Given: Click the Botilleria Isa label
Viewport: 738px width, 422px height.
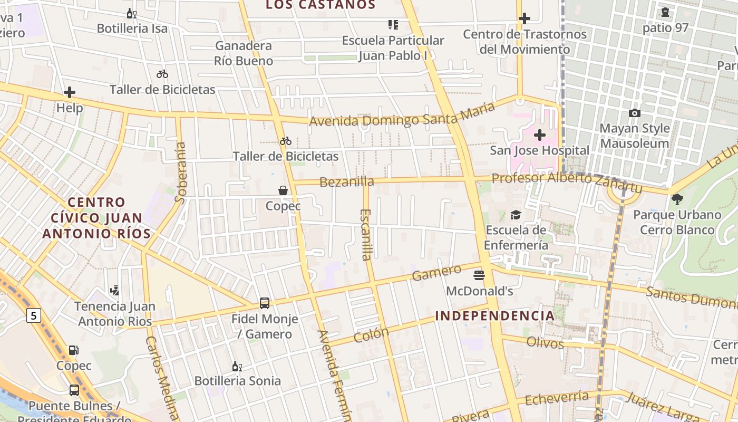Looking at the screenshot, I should pyautogui.click(x=132, y=28).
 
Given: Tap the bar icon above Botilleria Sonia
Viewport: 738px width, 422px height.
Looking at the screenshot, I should pyautogui.click(x=237, y=366).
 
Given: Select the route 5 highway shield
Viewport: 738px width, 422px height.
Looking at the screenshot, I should pyautogui.click(x=34, y=315).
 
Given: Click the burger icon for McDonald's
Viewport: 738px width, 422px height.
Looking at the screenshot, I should pyautogui.click(x=479, y=275).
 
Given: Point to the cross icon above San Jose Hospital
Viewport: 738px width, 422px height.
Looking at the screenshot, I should pyautogui.click(x=539, y=135).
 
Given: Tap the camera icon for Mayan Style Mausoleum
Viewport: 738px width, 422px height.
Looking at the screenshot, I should pyautogui.click(x=635, y=113).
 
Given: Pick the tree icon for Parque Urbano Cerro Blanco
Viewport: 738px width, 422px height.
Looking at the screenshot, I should pyautogui.click(x=677, y=199).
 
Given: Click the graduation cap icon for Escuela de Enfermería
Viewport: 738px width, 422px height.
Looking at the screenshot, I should pyautogui.click(x=516, y=215).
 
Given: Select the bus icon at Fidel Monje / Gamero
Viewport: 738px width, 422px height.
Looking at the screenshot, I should pyautogui.click(x=265, y=303).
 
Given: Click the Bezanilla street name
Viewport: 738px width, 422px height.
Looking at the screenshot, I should pyautogui.click(x=347, y=182).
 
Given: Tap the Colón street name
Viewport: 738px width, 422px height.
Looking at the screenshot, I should pyautogui.click(x=371, y=335).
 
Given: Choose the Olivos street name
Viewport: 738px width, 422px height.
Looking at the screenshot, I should pyautogui.click(x=545, y=343).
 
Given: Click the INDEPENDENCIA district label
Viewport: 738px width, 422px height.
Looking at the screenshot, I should pyautogui.click(x=495, y=316).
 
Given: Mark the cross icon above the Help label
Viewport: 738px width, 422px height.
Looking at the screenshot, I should pyautogui.click(x=70, y=93).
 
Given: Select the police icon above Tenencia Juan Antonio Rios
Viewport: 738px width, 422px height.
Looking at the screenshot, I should pyautogui.click(x=114, y=290).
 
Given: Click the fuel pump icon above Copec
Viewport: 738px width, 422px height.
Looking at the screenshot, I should pyautogui.click(x=74, y=350).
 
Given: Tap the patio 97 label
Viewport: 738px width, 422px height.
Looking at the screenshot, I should pyautogui.click(x=665, y=28).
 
